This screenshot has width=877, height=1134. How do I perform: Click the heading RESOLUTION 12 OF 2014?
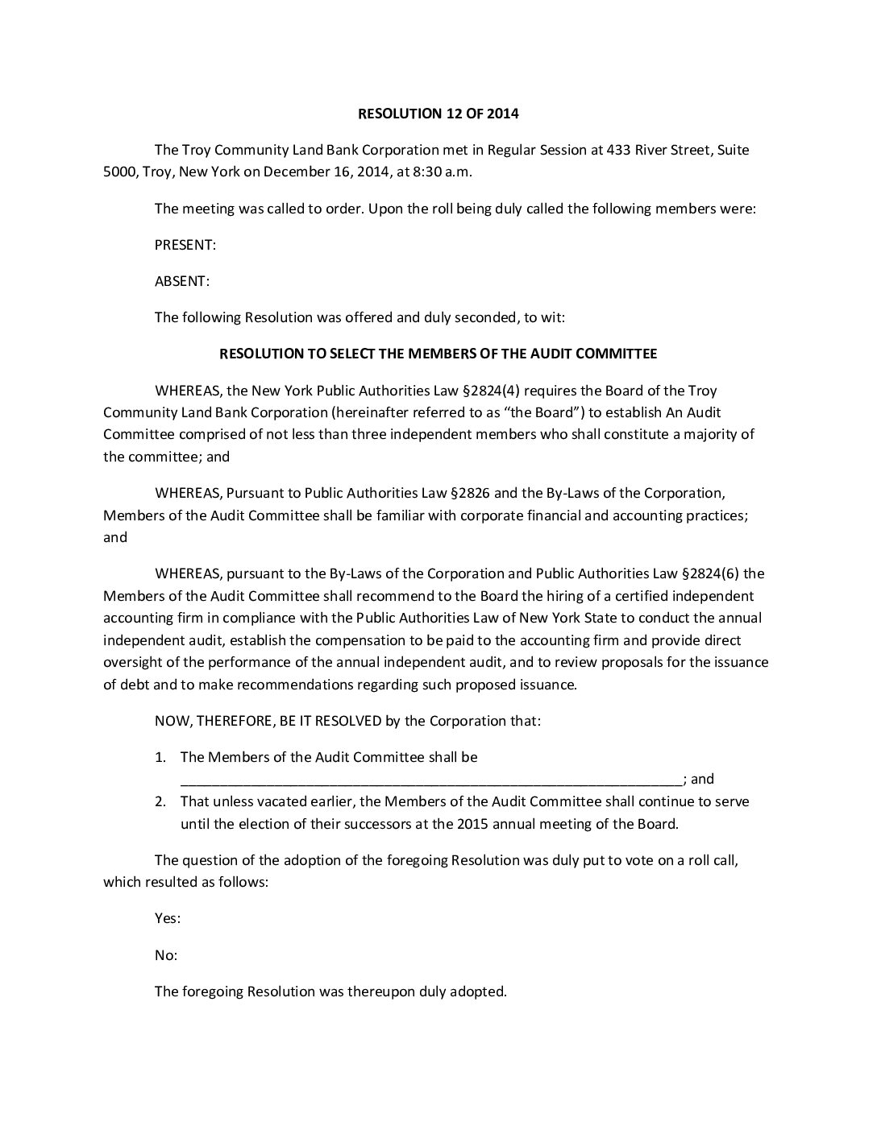(x=438, y=114)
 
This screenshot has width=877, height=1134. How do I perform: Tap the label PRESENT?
(x=185, y=245)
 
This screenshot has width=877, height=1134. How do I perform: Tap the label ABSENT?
(x=181, y=281)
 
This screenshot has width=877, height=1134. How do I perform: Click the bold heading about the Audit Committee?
(x=438, y=354)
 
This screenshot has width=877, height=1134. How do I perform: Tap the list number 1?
(x=160, y=757)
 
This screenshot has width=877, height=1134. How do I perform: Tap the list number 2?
(x=160, y=801)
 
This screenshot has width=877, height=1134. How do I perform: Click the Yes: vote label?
(x=167, y=918)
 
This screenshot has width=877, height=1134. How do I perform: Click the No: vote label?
(x=165, y=955)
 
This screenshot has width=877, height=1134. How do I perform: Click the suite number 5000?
(x=120, y=172)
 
